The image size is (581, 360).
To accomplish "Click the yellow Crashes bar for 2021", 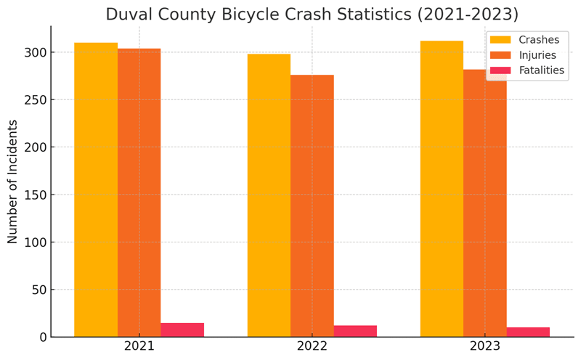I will coord(96,189).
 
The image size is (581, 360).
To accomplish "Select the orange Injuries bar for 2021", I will coord(139,192).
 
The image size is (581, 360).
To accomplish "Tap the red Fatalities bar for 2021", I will coord(182,330).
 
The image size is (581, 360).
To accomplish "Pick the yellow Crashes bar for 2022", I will coord(269,195).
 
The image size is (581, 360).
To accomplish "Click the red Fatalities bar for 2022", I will coord(355,331).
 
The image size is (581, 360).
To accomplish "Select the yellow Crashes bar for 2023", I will coord(442,189).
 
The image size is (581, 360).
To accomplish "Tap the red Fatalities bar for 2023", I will coord(528,332).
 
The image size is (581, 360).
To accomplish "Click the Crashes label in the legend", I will coord(539,40).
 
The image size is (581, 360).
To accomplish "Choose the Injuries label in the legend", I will coord(537,55).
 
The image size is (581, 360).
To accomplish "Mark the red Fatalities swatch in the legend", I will coord(500,70).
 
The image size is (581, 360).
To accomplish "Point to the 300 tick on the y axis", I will coord(35,52).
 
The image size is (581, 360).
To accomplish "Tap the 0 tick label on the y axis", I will coord(42,337).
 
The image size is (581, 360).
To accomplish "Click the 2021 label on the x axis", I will coord(139,347).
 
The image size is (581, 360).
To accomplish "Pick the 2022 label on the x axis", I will coord(312,347).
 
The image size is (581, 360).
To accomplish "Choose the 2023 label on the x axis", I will coord(485,347).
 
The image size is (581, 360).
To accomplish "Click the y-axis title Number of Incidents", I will coord(13,181).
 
